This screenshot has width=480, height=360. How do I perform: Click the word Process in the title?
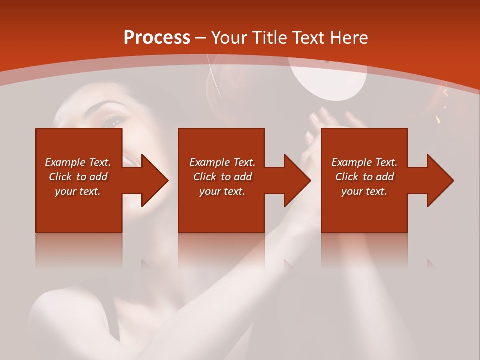coord(157,38)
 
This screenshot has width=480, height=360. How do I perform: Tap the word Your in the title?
coord(229,38)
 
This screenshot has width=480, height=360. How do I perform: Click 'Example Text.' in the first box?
coord(78,162)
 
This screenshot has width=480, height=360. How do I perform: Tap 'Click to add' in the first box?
coord(78,177)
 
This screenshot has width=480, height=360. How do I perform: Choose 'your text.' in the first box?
coord(78,191)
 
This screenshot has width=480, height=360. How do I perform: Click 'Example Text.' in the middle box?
coord(222,162)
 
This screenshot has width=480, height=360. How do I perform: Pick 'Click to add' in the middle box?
coord(222,177)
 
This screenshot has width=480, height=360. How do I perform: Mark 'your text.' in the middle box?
coord(222,191)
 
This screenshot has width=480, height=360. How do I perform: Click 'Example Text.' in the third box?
coord(364,162)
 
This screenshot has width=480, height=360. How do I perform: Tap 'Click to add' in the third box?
coord(364,177)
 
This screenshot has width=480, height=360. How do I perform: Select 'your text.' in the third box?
coord(364,191)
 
